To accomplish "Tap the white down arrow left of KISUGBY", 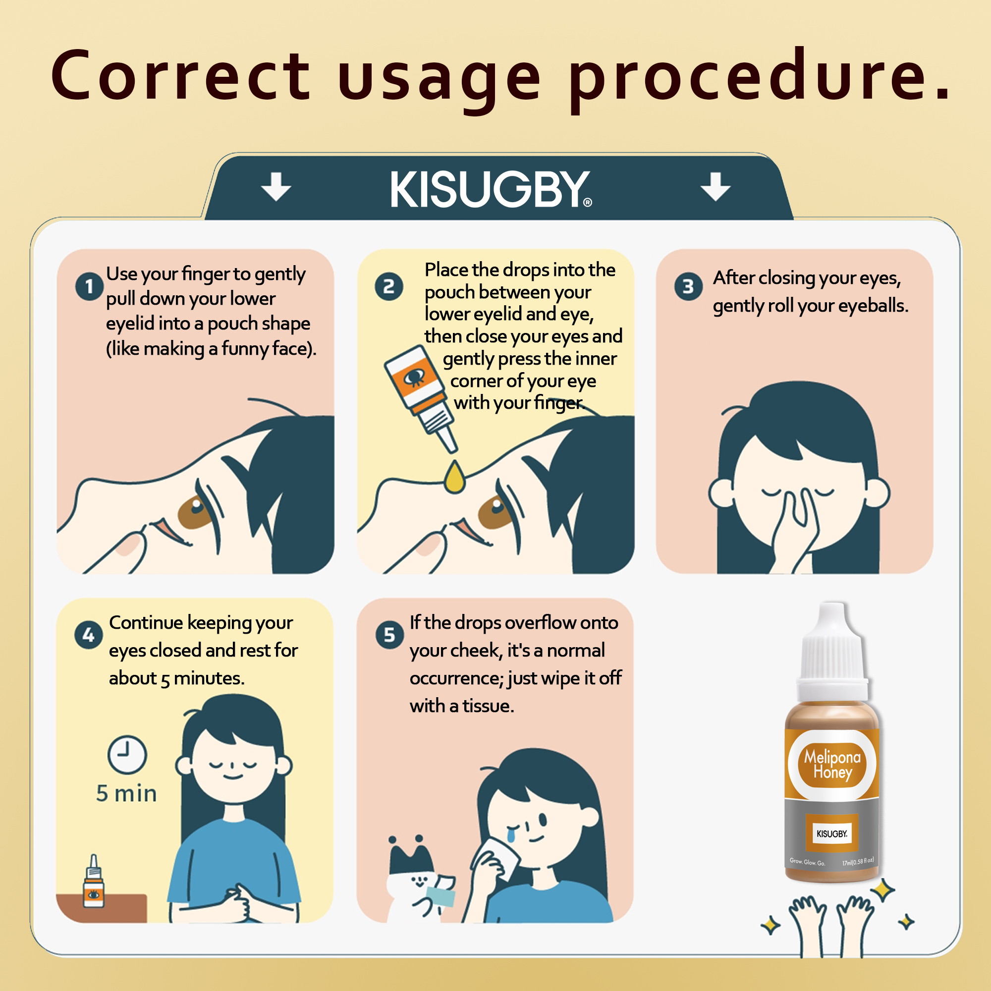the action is pyautogui.click(x=276, y=186).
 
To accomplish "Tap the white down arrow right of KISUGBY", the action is pyautogui.click(x=716, y=186).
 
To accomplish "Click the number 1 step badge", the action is pyautogui.click(x=89, y=286).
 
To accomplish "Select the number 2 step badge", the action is pyautogui.click(x=389, y=286).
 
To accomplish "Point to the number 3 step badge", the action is pyautogui.click(x=688, y=286).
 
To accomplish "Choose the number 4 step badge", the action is pyautogui.click(x=88, y=635).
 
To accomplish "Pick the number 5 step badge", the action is pyautogui.click(x=389, y=635).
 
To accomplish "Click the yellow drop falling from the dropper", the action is pyautogui.click(x=454, y=477).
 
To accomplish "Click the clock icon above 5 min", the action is pyautogui.click(x=127, y=755).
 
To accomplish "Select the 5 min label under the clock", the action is pyautogui.click(x=126, y=793).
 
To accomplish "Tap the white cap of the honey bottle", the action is pyautogui.click(x=832, y=652).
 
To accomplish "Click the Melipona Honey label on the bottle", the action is pyautogui.click(x=832, y=764).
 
